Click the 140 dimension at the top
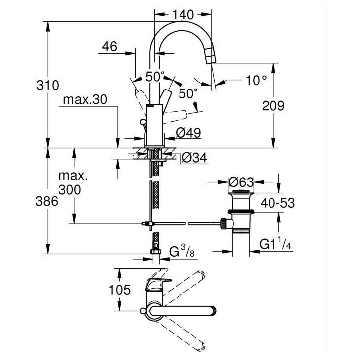pos(183,15)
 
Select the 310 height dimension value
pos(48,85)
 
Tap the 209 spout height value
pos(273,106)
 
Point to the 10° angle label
pos(256,80)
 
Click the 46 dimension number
pos(109,47)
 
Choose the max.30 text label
pos(85,100)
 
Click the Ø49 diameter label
pos(188,133)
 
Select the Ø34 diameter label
pos(194,158)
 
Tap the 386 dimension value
pos(47,202)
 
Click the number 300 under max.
pos(70,190)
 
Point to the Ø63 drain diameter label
pos(241,182)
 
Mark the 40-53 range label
pos(277,203)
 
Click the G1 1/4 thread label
pos(275,244)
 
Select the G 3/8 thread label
pos(182,251)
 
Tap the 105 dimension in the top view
pos(120,290)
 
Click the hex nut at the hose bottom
pos(156,252)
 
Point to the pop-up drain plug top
pos(241,191)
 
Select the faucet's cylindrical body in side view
pos(155,125)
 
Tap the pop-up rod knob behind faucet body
pos(143,121)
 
